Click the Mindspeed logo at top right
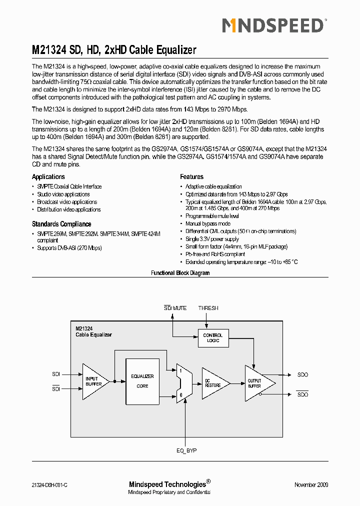click(274, 25)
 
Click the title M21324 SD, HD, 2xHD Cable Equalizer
click(114, 50)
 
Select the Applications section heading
click(48, 177)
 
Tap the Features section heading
click(191, 177)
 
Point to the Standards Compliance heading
click(61, 224)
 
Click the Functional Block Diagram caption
click(180, 273)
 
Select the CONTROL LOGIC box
click(213, 338)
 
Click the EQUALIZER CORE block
click(142, 381)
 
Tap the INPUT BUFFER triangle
click(94, 381)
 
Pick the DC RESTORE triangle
click(213, 383)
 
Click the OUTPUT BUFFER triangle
click(256, 383)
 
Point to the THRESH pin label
click(208, 308)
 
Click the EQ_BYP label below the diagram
click(186, 450)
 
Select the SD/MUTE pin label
click(175, 308)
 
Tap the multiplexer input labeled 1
click(180, 370)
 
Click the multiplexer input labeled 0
click(180, 394)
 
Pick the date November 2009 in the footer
click(311, 485)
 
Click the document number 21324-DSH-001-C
click(49, 485)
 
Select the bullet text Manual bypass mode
click(208, 224)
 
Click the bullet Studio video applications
click(63, 194)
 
